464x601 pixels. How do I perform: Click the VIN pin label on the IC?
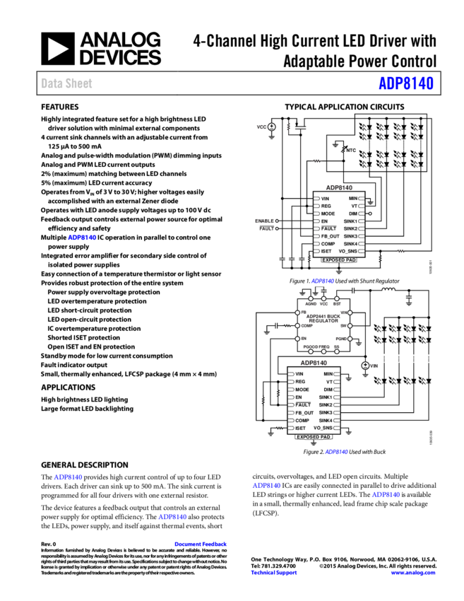[325, 199]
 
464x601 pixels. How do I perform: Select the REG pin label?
[326, 206]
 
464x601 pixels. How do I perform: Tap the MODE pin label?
[328, 214]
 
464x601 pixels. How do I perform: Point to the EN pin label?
[324, 221]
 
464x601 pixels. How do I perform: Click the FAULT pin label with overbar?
[328, 229]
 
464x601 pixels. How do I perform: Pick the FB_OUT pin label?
[330, 236]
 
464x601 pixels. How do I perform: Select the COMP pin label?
[328, 244]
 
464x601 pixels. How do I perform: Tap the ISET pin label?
[326, 251]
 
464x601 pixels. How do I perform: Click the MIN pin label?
[353, 199]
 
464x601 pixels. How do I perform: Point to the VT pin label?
[355, 206]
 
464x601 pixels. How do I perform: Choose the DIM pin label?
[353, 214]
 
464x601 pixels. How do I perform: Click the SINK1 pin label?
[351, 221]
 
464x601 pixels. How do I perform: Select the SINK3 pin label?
[351, 236]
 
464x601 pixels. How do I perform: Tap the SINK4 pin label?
[351, 244]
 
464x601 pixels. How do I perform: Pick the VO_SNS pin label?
[348, 251]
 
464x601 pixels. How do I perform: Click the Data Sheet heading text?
[66, 83]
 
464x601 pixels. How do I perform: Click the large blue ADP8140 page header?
[405, 83]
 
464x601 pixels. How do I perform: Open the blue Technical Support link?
[274, 573]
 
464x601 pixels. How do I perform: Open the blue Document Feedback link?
[201, 544]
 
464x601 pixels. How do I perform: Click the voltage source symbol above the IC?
[271, 127]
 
